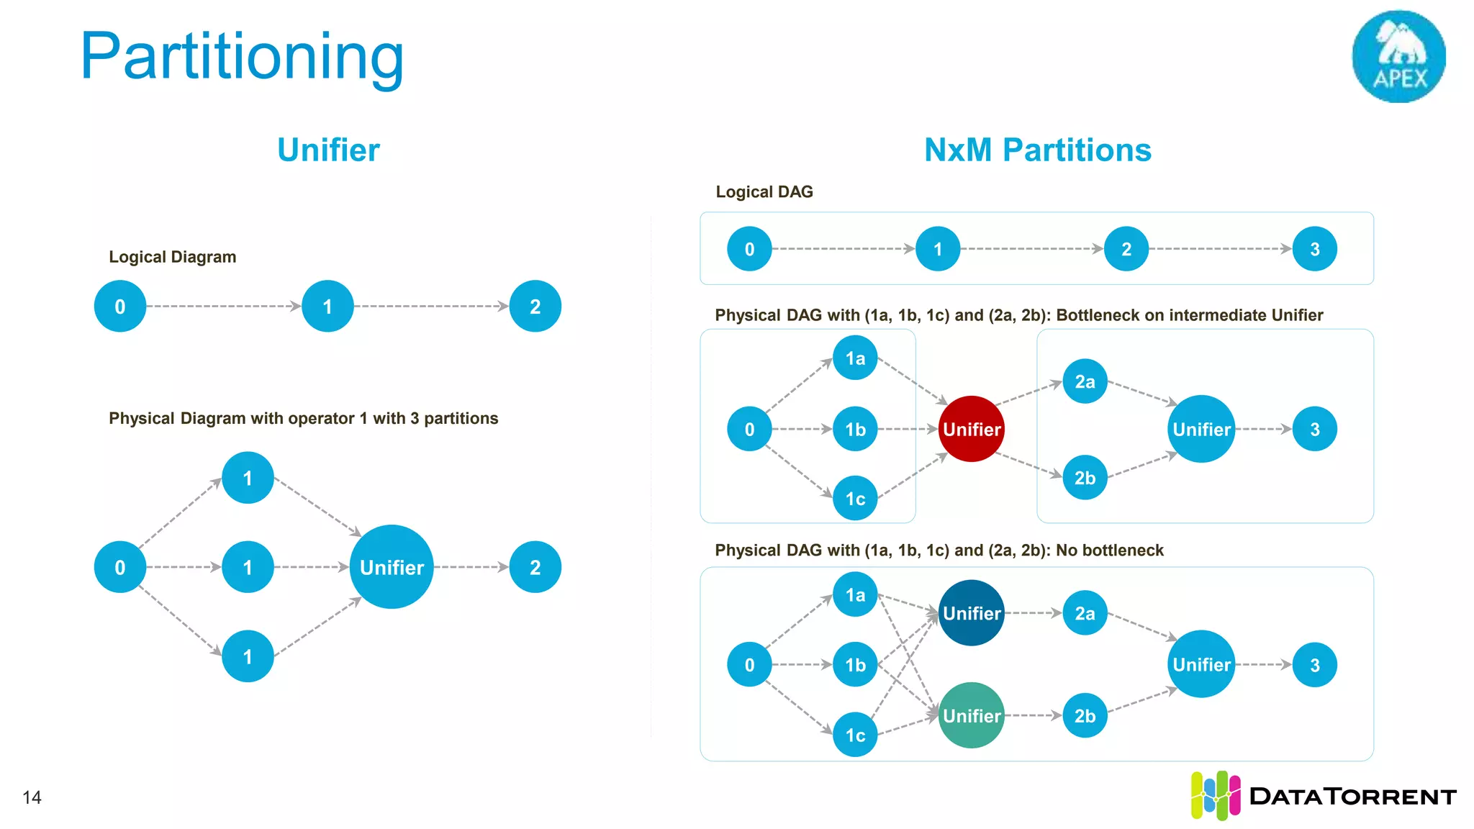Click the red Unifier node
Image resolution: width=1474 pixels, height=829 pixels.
[972, 429]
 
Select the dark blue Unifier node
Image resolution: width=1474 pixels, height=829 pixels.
[972, 613]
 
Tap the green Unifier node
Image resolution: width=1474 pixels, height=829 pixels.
[972, 715]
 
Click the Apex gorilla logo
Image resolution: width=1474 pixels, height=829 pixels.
[1398, 56]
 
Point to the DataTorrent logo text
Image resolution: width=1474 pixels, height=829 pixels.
[1352, 797]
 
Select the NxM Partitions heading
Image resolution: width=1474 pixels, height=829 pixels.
[1037, 150]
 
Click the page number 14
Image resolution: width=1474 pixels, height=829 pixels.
[32, 797]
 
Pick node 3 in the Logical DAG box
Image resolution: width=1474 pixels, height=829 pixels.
[1314, 249]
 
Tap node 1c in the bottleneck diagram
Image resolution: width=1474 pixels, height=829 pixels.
[855, 498]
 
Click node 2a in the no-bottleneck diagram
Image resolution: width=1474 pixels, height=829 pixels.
[1085, 613]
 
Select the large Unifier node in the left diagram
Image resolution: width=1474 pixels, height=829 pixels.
[392, 567]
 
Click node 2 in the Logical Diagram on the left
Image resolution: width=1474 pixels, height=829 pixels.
[535, 307]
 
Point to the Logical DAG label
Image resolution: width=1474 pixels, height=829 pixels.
[764, 192]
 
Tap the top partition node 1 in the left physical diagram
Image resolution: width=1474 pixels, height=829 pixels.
[248, 478]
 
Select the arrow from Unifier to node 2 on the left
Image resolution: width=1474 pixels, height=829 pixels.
[471, 567]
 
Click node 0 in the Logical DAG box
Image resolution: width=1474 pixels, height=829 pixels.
[749, 249]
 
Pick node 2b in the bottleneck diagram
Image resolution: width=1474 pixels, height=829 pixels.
[1085, 477]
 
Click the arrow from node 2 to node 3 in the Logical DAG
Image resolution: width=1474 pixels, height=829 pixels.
[1220, 249]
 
